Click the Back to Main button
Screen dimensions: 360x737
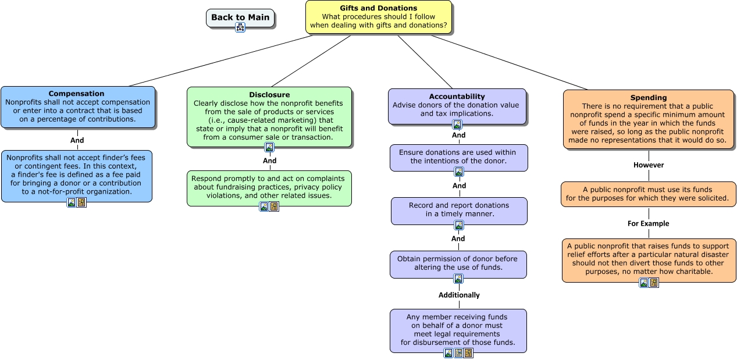(x=240, y=17)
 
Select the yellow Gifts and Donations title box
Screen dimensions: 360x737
(x=378, y=17)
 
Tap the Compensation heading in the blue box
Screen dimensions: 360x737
(x=76, y=94)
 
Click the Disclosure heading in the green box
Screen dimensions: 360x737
(x=269, y=94)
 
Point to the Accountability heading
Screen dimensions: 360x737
(x=457, y=96)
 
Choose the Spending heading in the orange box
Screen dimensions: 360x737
(x=649, y=98)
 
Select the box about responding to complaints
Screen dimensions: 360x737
(x=269, y=187)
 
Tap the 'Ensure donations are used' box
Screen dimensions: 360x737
(x=458, y=156)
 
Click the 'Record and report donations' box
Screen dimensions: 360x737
(x=459, y=209)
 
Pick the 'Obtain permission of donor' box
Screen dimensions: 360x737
(x=458, y=263)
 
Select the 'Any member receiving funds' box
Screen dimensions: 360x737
(x=458, y=329)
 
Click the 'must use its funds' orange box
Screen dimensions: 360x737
(x=648, y=194)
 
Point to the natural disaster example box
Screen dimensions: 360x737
(x=649, y=259)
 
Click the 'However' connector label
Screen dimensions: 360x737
(x=649, y=165)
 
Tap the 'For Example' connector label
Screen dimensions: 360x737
(x=649, y=223)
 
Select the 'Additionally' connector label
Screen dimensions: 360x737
(x=459, y=295)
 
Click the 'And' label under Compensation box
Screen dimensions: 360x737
(x=77, y=140)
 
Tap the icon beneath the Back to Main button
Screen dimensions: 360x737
(x=240, y=27)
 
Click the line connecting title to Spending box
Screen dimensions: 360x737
(x=510, y=63)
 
